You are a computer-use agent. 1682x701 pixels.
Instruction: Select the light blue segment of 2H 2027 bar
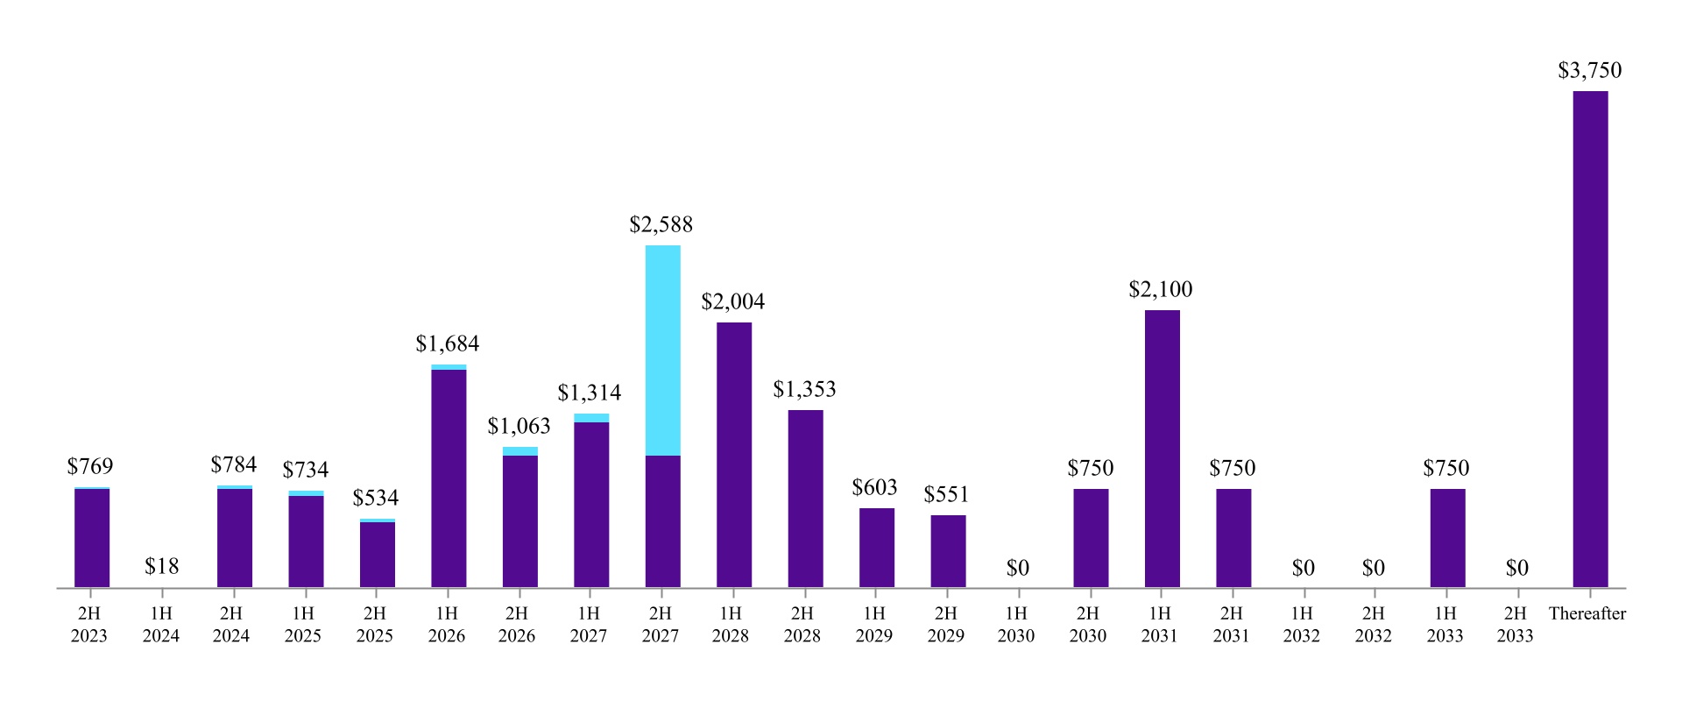pyautogui.click(x=662, y=350)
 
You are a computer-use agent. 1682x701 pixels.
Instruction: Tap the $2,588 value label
pyautogui.click(x=661, y=225)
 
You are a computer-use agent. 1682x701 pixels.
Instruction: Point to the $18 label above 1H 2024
pyautogui.click(x=162, y=567)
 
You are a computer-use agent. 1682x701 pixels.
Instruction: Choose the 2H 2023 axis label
pyautogui.click(x=89, y=625)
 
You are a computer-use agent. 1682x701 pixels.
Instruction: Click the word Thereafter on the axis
pyautogui.click(x=1587, y=614)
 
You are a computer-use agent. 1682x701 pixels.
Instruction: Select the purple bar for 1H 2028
pyautogui.click(x=734, y=455)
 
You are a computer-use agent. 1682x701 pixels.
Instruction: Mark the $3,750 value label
pyautogui.click(x=1589, y=71)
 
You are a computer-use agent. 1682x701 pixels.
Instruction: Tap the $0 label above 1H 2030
pyautogui.click(x=1017, y=569)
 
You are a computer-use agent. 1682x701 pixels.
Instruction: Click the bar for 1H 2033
pyautogui.click(x=1447, y=538)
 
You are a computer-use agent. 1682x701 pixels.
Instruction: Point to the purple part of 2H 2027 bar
pyautogui.click(x=662, y=521)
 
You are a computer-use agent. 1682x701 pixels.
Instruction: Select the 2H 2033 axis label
pyautogui.click(x=1515, y=625)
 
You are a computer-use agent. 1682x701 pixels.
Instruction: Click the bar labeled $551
pyautogui.click(x=948, y=551)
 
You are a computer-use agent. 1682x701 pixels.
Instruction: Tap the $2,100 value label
pyautogui.click(x=1160, y=290)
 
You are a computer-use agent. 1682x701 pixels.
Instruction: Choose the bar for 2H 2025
pyautogui.click(x=377, y=555)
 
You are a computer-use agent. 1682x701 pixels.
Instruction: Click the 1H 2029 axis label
pyautogui.click(x=873, y=625)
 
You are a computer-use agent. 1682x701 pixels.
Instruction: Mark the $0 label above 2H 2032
pyautogui.click(x=1373, y=569)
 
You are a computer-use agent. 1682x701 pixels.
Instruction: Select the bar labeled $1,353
pyautogui.click(x=805, y=499)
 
